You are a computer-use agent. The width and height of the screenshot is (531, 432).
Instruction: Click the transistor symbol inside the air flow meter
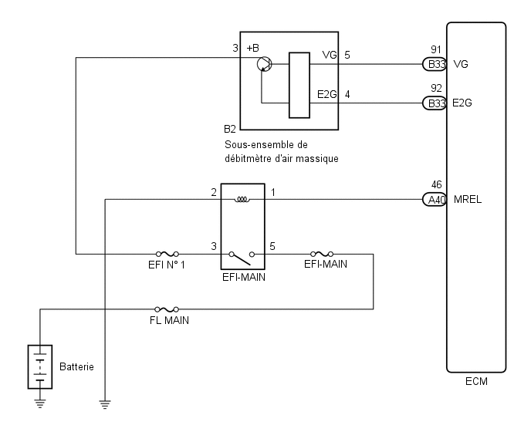(x=265, y=64)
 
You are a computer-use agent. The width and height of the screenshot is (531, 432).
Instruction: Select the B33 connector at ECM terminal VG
(x=435, y=64)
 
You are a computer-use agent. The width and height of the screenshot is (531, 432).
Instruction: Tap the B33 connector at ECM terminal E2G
(x=435, y=103)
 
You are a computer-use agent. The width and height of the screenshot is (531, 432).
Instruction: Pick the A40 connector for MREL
(x=435, y=199)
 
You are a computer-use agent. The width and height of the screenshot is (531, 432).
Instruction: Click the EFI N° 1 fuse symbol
(x=167, y=254)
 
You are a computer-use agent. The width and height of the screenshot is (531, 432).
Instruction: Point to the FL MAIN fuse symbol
(x=167, y=309)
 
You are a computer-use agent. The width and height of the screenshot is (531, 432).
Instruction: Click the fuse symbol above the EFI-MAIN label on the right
(x=322, y=254)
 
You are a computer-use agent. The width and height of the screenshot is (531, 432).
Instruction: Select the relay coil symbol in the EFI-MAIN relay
(x=242, y=200)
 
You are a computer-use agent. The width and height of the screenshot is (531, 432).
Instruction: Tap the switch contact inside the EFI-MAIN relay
(x=242, y=258)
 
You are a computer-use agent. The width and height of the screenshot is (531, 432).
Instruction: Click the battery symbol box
(x=40, y=366)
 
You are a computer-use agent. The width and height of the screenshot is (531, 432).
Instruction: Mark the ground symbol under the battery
(x=40, y=403)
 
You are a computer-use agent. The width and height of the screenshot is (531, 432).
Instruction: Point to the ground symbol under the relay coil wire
(x=105, y=404)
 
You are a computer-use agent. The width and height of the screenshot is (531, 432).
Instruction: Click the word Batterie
(x=76, y=366)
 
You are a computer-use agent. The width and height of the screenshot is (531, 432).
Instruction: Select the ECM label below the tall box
(x=476, y=381)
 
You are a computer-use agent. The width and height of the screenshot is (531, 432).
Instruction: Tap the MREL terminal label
(x=468, y=199)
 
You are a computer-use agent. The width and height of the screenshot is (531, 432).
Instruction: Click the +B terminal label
(x=252, y=48)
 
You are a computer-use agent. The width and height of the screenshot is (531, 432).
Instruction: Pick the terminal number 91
(x=436, y=50)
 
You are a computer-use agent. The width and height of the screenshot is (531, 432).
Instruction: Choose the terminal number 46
(x=437, y=184)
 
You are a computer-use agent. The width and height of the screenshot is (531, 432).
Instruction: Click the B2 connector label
(x=229, y=129)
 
